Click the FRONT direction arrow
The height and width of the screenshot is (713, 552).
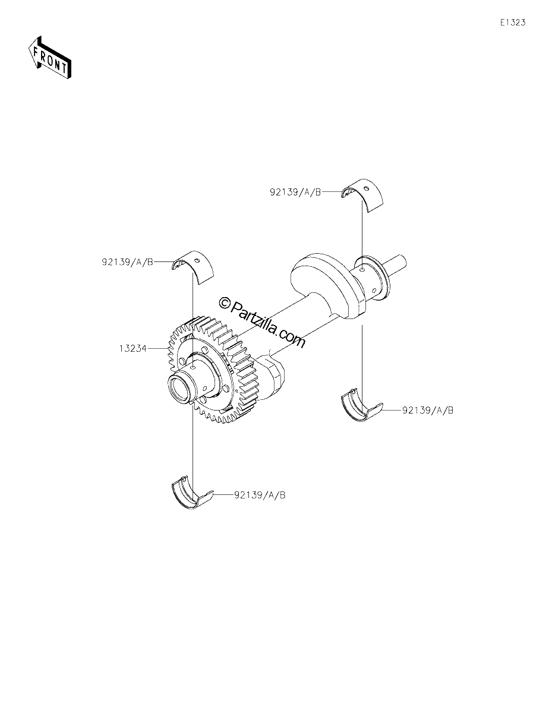[x=49, y=58]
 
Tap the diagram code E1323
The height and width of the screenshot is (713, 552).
[x=513, y=23]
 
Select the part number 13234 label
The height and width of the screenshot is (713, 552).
[x=133, y=348]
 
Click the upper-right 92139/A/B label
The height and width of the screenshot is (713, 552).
[x=295, y=192]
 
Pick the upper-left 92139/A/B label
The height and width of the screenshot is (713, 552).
[x=128, y=262]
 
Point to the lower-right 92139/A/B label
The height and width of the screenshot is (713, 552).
[x=428, y=410]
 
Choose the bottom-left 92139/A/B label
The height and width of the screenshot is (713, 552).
[x=260, y=495]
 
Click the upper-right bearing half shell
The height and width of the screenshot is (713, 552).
[x=362, y=195]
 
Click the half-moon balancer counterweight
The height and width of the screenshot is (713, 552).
[x=328, y=285]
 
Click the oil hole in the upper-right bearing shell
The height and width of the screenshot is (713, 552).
[x=368, y=189]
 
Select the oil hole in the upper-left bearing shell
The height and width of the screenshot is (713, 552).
[x=197, y=260]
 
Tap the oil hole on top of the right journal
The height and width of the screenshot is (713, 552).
[x=361, y=269]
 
